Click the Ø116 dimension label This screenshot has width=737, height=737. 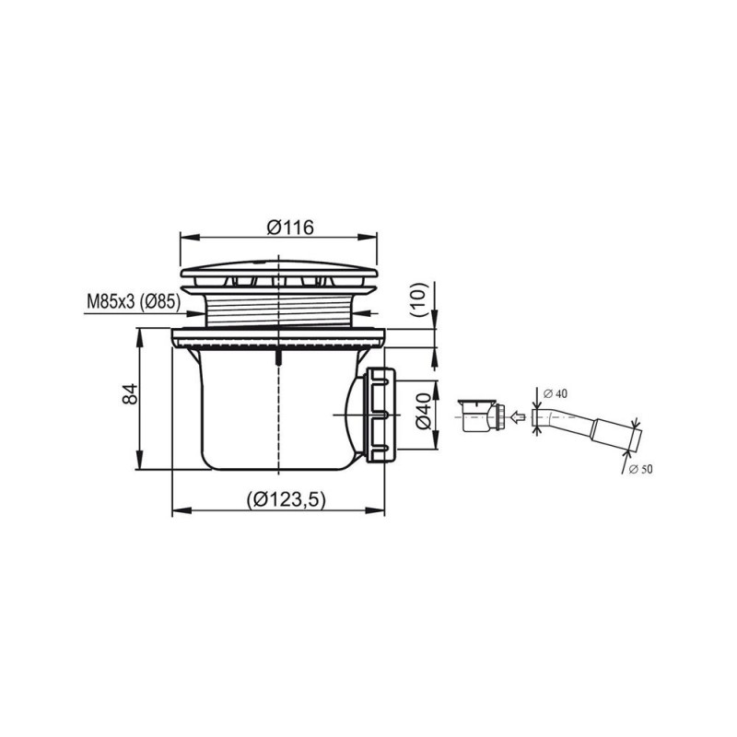[x=290, y=228]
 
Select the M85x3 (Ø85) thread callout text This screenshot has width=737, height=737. [x=134, y=302]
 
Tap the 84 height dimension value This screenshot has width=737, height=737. [x=130, y=394]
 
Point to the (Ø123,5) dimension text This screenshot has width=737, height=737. [x=286, y=499]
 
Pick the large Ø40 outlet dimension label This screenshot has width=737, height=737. [x=423, y=412]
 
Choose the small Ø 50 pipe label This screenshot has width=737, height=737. [x=640, y=469]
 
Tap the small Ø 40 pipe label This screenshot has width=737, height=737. [x=556, y=394]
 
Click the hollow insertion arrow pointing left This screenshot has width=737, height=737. [x=518, y=416]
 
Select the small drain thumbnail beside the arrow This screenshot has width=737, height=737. [x=483, y=415]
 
